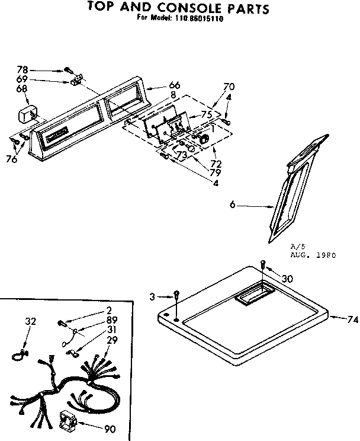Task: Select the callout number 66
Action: [x=158, y=85]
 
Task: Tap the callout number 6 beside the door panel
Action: [x=233, y=205]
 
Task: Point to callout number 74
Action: [x=352, y=319]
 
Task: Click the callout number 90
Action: [x=109, y=429]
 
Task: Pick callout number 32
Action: [x=31, y=321]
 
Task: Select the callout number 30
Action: [x=287, y=279]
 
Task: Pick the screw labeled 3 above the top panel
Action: [x=177, y=296]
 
